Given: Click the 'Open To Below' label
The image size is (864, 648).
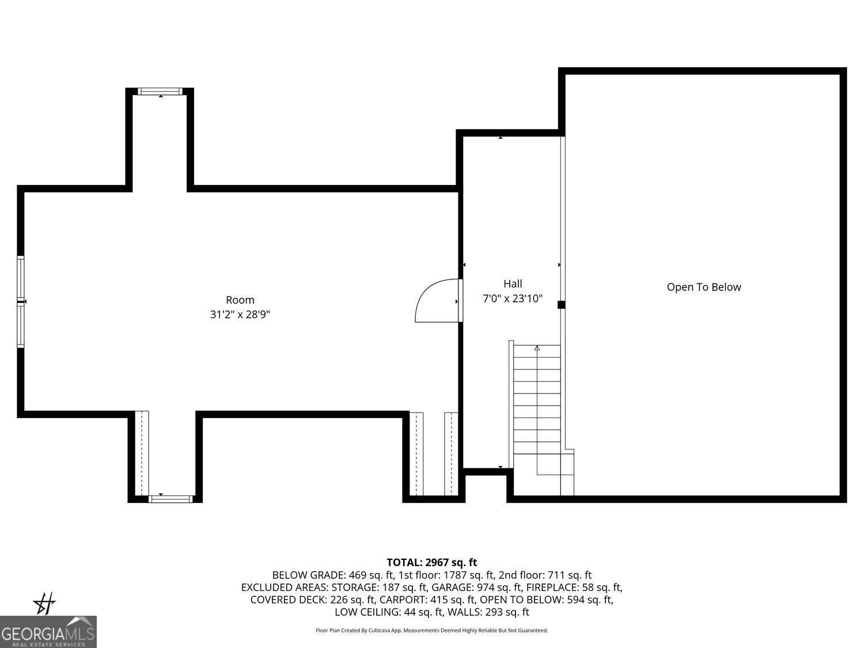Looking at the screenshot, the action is (704, 287).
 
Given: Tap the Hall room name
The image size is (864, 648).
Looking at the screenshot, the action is (513, 283).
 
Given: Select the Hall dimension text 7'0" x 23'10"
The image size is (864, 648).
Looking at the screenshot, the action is (513, 298).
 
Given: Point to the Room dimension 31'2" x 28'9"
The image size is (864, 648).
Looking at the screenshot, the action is (240, 314).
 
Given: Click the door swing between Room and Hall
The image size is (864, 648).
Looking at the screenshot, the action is (426, 290).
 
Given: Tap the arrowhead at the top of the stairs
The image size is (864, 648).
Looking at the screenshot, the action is (537, 348).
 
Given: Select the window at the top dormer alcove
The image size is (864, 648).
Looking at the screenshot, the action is (160, 91).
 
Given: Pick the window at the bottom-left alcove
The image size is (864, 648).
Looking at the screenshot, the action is (170, 499).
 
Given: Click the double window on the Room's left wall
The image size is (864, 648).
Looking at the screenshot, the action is (21, 302).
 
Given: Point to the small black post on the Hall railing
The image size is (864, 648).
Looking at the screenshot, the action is (561, 305).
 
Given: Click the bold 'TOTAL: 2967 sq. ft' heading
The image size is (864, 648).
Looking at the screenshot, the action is (432, 563).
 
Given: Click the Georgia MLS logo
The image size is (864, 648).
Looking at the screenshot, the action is (48, 632).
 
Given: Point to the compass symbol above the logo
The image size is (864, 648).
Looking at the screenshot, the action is (44, 604).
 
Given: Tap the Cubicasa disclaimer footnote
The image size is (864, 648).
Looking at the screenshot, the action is (432, 631).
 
